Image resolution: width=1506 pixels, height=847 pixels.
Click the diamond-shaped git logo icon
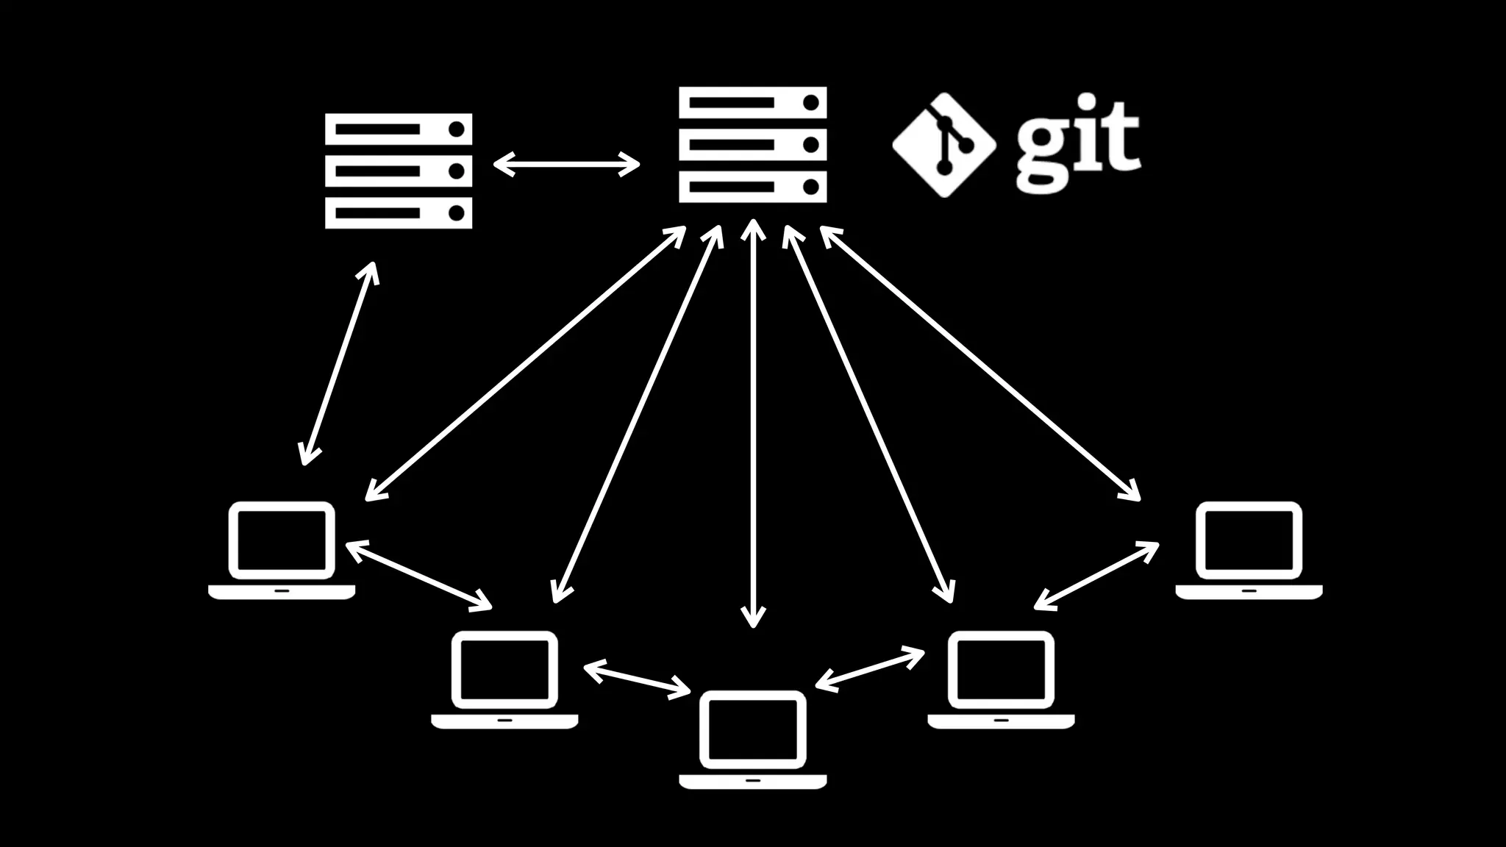(944, 145)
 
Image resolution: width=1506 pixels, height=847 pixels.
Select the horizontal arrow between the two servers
(566, 164)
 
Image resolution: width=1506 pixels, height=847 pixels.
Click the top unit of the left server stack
(399, 129)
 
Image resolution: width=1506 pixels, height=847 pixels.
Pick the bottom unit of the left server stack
(399, 213)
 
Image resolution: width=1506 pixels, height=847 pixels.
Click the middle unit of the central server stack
(752, 145)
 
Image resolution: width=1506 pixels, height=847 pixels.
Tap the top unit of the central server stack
(752, 102)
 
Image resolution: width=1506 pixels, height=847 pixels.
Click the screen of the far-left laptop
(282, 540)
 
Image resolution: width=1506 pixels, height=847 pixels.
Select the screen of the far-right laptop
(1249, 540)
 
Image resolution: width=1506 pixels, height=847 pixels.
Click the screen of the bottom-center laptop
(752, 729)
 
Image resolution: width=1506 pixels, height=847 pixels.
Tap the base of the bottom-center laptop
(752, 781)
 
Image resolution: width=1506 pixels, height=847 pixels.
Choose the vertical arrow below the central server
(753, 423)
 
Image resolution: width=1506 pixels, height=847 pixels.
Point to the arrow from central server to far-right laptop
(979, 363)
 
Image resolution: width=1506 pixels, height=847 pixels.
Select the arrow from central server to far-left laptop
(526, 363)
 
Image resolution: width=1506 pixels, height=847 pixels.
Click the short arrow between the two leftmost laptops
(418, 576)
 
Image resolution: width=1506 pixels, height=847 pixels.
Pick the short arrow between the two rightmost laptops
(1096, 576)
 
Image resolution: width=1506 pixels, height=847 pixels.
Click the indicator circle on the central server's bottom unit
(810, 187)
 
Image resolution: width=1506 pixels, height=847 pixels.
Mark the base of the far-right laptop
(1249, 592)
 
